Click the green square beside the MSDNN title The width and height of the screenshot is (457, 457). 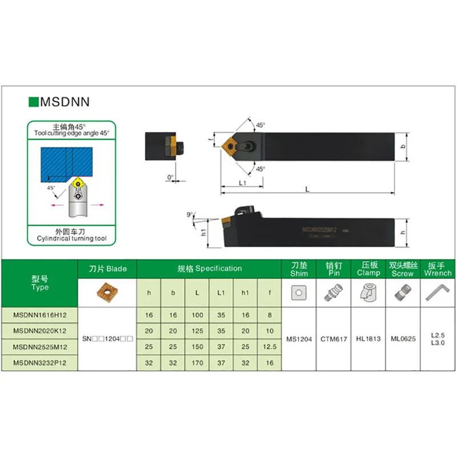click(33, 102)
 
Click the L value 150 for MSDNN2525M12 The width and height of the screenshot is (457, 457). click(197, 346)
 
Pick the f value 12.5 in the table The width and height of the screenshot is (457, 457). click(269, 346)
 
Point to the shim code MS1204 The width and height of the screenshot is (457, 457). click(299, 338)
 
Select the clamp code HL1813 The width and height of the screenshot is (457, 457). click(368, 338)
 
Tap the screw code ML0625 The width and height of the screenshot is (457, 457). click(402, 338)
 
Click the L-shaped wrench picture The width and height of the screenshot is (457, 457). click(438, 294)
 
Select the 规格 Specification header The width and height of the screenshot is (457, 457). click(209, 268)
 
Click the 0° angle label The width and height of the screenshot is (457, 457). click(170, 177)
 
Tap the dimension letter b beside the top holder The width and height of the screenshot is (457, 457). click(403, 147)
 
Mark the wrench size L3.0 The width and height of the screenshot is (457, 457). click(438, 342)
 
